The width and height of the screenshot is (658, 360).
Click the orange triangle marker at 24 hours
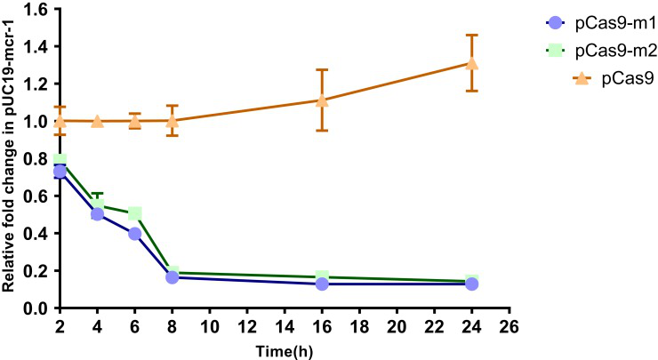coord(472,63)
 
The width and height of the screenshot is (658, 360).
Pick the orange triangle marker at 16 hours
coord(322,100)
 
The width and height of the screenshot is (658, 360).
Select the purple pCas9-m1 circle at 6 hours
coord(135,233)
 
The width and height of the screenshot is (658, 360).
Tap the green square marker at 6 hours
coord(135,213)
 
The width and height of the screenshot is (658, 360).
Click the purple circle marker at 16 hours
coord(322,284)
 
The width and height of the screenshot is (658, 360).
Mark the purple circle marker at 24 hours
coord(472,284)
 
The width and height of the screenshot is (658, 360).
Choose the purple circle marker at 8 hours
coord(173,277)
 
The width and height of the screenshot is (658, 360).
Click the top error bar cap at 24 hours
coord(472,36)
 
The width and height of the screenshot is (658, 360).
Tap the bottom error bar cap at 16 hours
coord(322,131)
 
